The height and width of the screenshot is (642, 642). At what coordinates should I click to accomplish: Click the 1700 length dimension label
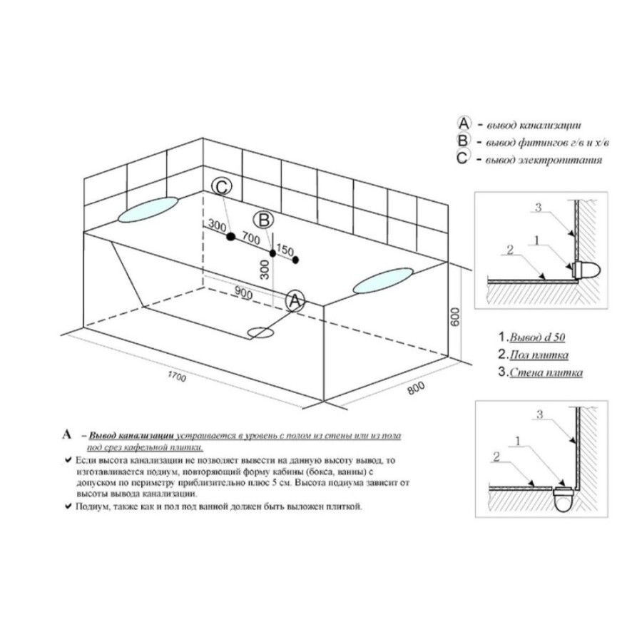(x=178, y=376)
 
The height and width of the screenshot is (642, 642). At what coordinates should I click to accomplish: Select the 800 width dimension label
(x=416, y=388)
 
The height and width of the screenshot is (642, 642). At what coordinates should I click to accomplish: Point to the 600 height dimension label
(x=455, y=317)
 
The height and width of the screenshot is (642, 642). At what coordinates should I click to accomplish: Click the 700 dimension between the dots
(x=250, y=238)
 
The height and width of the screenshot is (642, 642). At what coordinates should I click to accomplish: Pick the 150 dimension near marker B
(x=285, y=250)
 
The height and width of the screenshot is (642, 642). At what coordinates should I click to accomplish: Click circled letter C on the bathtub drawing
(x=222, y=187)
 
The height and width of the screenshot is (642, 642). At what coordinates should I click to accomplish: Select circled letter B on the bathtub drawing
(x=263, y=220)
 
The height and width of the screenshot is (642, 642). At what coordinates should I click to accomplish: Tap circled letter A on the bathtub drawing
(x=295, y=301)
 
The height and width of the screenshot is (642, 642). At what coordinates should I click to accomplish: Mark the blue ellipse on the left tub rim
(x=148, y=209)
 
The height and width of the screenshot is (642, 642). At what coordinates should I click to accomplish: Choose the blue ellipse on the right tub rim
(x=383, y=280)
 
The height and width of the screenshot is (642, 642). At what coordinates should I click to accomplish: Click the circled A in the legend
(x=464, y=123)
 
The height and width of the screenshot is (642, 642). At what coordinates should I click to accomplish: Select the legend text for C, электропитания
(x=544, y=160)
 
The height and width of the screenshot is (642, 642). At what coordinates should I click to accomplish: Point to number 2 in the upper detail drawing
(x=510, y=250)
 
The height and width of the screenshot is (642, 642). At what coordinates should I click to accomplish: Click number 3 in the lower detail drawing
(x=540, y=414)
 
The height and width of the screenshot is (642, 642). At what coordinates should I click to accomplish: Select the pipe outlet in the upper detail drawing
(x=586, y=270)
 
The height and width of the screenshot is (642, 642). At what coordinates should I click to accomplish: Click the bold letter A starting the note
(x=67, y=434)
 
